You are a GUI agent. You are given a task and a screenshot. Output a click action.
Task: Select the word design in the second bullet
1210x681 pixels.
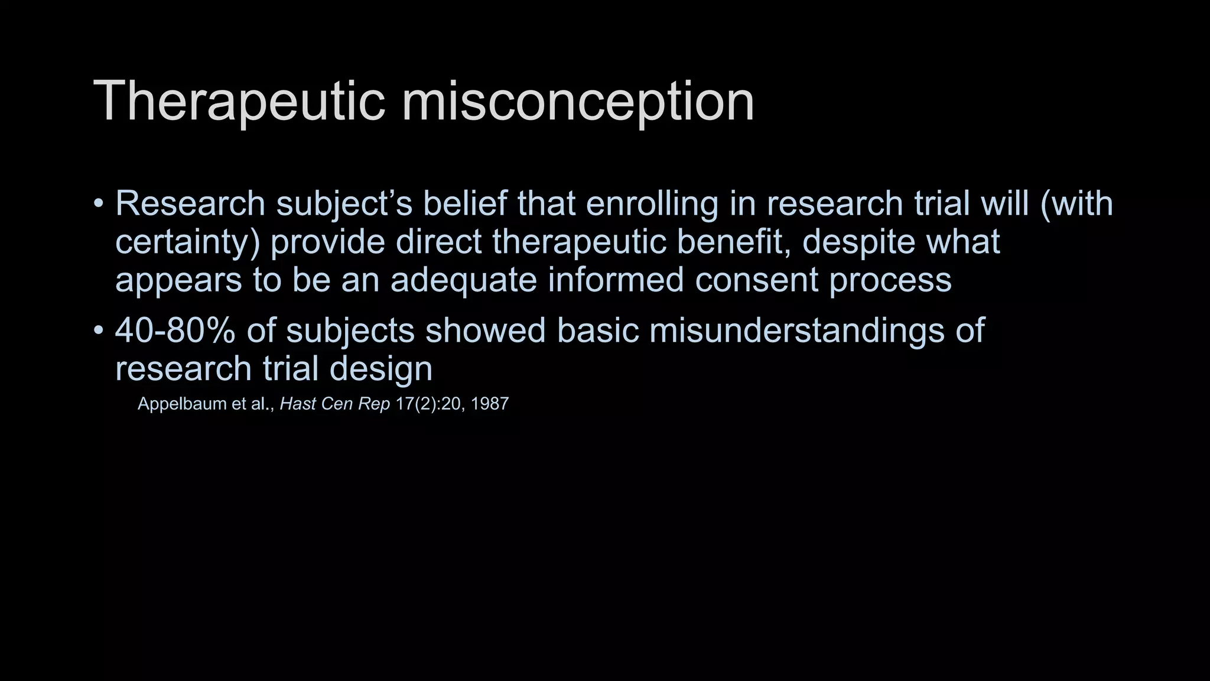380,368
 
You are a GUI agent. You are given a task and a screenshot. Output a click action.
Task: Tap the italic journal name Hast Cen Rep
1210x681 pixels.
334,404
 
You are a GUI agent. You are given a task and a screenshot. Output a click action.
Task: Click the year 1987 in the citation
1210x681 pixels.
489,404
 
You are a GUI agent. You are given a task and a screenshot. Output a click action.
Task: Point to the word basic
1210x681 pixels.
597,330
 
